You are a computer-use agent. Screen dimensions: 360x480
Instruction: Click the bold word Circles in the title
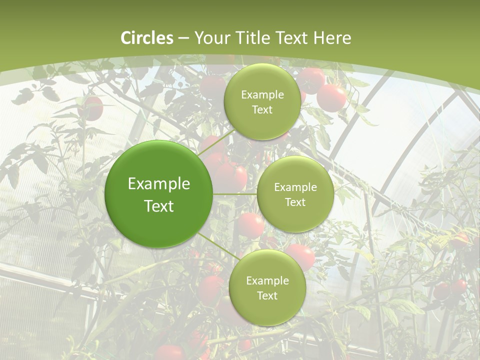coord(147,38)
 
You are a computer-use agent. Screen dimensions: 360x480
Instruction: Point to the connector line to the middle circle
coord(235,194)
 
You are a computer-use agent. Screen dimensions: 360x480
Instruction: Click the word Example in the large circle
coord(159,184)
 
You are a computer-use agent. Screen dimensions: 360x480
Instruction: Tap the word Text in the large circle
coord(159,206)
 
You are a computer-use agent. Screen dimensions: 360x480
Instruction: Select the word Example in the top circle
coord(262,95)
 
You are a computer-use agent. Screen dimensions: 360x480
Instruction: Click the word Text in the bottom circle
coord(267,295)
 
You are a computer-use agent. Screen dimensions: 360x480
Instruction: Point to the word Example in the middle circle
coord(295,187)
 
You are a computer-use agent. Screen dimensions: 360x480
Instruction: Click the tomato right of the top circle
coord(331,97)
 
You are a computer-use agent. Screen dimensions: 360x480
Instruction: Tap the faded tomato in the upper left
coord(91,108)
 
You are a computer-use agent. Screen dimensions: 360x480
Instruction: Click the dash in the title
coord(183,38)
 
